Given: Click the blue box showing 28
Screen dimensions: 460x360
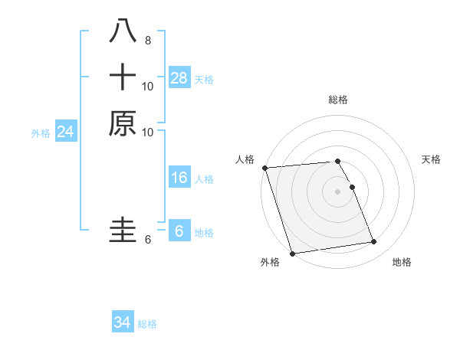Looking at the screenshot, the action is click(x=179, y=77).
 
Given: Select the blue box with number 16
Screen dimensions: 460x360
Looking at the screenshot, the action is click(x=179, y=178).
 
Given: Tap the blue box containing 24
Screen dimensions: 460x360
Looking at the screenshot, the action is click(x=66, y=132).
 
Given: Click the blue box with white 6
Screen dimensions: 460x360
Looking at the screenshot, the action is click(x=179, y=231).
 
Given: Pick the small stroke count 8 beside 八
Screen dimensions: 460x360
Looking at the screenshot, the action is click(x=148, y=40).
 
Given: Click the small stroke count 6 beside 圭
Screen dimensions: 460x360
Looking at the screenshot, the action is click(x=148, y=240).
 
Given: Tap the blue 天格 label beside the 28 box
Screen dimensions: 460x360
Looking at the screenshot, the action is click(x=204, y=79).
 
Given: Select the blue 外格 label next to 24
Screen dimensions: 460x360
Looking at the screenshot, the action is click(x=41, y=133).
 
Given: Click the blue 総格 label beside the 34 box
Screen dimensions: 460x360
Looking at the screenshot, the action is click(x=147, y=324).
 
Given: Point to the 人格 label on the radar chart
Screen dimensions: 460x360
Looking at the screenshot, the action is click(x=245, y=159).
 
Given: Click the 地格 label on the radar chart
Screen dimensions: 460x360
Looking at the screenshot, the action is click(x=402, y=262).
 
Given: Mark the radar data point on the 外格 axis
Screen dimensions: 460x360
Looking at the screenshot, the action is click(x=292, y=253).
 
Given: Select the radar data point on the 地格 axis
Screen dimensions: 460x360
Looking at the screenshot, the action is click(x=373, y=242).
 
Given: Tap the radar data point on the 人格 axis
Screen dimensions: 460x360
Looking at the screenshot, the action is click(x=264, y=168).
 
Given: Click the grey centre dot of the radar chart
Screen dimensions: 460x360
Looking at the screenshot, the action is click(x=337, y=191).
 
